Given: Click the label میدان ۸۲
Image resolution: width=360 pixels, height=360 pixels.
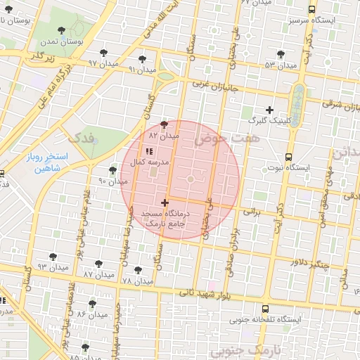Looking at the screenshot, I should point(165,134).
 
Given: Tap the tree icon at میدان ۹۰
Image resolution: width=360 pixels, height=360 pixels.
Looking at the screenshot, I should point(112,170).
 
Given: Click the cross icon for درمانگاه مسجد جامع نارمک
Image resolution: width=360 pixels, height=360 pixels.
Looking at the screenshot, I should point(165,202).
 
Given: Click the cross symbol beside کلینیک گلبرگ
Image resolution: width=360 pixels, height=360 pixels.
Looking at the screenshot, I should point(270,109).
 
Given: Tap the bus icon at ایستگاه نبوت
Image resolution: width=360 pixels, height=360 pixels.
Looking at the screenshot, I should point(288,157).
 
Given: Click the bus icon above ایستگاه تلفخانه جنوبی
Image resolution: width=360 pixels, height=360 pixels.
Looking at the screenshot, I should point(264,309).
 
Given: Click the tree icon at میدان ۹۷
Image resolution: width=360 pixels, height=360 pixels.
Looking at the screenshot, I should point(104,53).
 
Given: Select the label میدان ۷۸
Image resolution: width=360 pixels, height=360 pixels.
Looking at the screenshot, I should point(137,281).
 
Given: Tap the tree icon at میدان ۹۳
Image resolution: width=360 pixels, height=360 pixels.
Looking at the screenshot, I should point(53,257).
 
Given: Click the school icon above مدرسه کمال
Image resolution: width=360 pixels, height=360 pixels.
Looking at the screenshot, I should point(148,151).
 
